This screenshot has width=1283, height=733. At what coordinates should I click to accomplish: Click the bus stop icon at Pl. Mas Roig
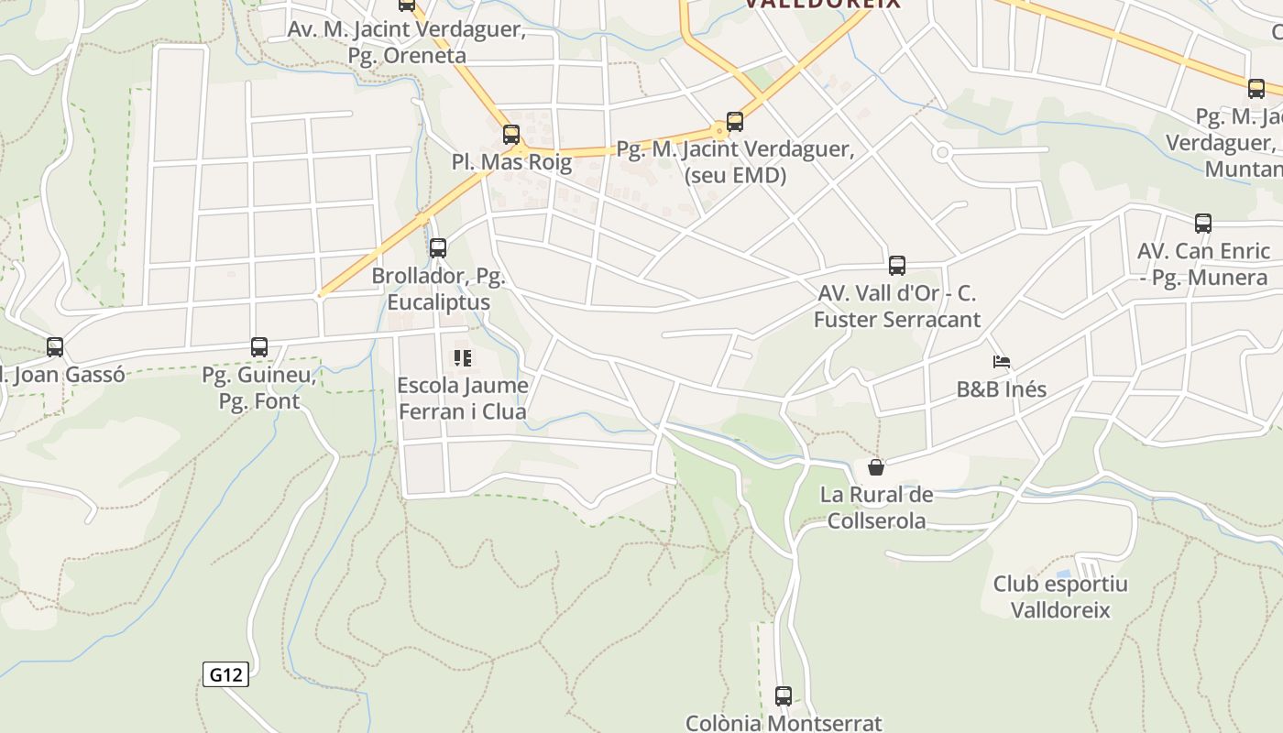pos(511,135)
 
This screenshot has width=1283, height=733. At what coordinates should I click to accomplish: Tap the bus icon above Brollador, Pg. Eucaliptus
pos(438,247)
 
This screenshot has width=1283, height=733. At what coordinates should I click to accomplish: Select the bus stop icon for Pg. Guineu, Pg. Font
pos(259,347)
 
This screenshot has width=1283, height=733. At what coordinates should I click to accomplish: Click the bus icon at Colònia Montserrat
pos(784,696)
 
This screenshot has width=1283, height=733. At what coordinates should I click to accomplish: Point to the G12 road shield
pos(225,675)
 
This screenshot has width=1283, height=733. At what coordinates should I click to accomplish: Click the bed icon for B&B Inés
pos(1002,362)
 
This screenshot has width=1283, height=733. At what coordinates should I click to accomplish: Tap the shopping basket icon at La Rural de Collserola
pos(876,467)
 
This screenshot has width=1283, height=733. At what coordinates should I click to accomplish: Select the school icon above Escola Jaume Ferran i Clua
pos(463,358)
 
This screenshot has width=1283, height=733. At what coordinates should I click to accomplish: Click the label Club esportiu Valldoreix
pos(1060,596)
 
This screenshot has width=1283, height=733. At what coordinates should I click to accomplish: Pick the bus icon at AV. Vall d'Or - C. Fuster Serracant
pos(897,266)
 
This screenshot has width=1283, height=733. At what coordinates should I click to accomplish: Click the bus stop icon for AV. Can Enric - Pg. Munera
pos(1203,223)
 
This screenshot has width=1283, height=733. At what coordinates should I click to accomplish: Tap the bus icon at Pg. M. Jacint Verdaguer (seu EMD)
pos(735,122)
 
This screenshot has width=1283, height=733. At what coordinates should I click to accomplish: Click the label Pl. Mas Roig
pos(511,162)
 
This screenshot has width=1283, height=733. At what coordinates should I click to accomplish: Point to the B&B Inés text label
pos(1002,388)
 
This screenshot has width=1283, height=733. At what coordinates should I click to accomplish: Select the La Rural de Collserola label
pos(876,508)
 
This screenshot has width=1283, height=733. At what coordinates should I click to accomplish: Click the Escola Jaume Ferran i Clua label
pos(463,399)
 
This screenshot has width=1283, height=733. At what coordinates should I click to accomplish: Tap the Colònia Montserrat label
pos(784,723)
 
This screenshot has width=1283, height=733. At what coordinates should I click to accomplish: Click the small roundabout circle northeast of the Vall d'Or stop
pos(941,153)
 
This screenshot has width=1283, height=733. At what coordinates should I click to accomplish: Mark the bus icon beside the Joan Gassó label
pos(55,347)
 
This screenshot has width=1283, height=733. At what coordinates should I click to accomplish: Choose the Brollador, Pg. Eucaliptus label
pos(438,289)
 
